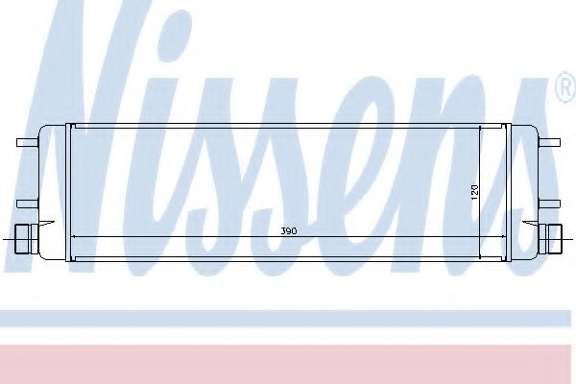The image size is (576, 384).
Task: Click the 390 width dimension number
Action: click(x=287, y=231)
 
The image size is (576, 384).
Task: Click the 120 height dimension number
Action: click(x=473, y=191)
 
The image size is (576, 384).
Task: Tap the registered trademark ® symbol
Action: click(x=564, y=89)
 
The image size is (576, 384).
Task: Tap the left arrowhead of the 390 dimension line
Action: click(x=75, y=237)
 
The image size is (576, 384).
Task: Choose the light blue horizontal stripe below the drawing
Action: click(x=288, y=318)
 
